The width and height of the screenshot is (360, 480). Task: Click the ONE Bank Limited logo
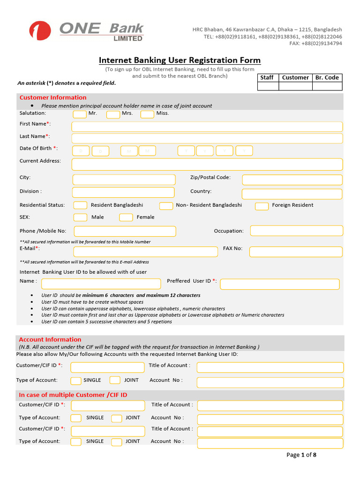[x=86, y=31]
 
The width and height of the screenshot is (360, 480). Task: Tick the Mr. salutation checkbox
[x=80, y=114]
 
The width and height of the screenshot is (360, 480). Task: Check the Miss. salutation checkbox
[x=147, y=114]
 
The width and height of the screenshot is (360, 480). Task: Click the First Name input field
[x=207, y=127]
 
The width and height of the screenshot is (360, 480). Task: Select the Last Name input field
[x=207, y=138]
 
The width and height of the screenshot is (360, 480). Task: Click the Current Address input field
[x=207, y=164]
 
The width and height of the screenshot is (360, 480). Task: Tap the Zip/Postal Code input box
[x=292, y=180]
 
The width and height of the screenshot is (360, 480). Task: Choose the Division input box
[x=123, y=192]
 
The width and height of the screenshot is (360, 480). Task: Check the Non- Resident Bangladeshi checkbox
[x=166, y=206]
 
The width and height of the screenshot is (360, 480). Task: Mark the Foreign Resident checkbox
[x=262, y=206]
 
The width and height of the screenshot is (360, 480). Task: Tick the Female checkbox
[x=126, y=217]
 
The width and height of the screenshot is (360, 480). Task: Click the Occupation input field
[x=296, y=231]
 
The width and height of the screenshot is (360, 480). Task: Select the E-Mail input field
[x=145, y=252]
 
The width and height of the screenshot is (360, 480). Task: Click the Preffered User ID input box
[x=279, y=284]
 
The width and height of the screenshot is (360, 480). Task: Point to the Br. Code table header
[x=327, y=78]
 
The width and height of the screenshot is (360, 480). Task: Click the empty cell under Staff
[x=268, y=86]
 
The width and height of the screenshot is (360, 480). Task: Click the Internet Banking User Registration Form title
[x=180, y=60]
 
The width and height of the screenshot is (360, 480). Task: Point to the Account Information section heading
[x=50, y=339]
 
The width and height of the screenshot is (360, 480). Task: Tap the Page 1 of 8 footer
[x=301, y=455]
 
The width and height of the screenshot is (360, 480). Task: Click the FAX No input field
[x=296, y=252]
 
